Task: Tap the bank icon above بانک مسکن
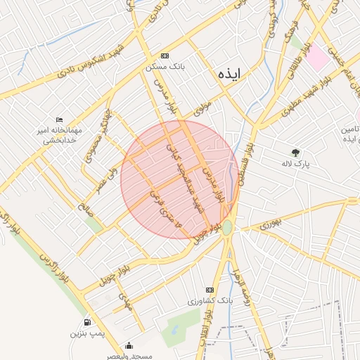click(165, 56)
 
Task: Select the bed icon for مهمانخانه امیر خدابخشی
click(59, 120)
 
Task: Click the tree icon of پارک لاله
click(295, 152)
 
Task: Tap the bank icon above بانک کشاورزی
click(209, 290)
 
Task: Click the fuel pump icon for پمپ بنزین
click(86, 322)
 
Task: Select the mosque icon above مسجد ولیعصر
click(129, 346)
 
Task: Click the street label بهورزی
click(269, 225)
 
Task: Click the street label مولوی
click(202, 108)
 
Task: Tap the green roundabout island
click(227, 227)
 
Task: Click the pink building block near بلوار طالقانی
click(316, 57)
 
